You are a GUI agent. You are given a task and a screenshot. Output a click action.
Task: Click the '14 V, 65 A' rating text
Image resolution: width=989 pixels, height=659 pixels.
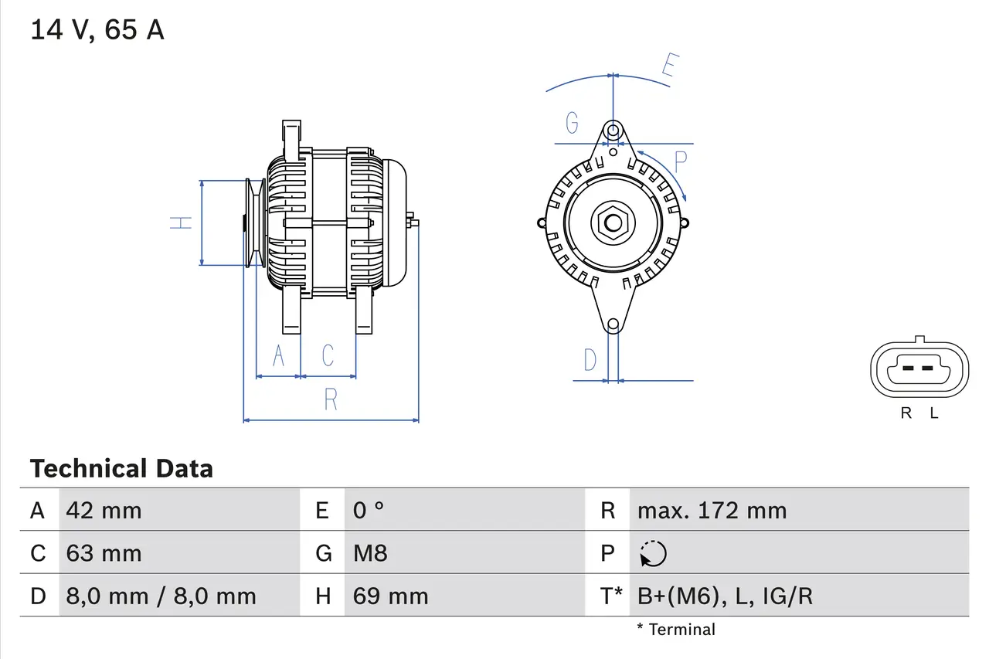[97, 31]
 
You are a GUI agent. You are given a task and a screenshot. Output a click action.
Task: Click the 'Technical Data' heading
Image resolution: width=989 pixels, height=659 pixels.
[121, 469]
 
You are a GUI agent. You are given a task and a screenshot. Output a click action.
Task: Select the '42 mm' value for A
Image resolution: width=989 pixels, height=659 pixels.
[104, 511]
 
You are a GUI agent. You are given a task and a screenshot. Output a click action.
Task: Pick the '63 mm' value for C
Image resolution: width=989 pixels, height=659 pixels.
[104, 553]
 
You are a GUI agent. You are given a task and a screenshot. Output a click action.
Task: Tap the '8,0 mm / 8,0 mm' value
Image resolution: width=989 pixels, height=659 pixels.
[161, 596]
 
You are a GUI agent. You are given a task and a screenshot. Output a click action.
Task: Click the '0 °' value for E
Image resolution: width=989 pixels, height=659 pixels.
[369, 511]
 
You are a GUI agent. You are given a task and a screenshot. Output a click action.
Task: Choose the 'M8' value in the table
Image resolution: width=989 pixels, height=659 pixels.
[370, 553]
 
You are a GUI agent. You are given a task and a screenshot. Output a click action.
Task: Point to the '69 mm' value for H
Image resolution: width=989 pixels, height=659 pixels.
[390, 596]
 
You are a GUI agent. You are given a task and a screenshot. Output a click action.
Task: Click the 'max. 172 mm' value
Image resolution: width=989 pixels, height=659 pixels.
[712, 511]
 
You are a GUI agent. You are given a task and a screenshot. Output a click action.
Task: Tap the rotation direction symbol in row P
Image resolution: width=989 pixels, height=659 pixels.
[653, 554]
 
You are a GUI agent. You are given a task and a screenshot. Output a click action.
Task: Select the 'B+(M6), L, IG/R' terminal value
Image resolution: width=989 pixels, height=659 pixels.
[725, 596]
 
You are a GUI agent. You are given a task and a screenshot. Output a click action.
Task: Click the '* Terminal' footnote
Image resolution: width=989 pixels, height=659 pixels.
[676, 630]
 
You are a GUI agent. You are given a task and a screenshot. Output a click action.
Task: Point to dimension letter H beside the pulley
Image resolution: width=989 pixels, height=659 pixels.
[182, 222]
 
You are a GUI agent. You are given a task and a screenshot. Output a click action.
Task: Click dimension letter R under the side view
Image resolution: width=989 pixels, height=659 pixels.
[331, 399]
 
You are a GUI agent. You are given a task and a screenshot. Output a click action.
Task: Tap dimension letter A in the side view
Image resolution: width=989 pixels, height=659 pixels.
[278, 355]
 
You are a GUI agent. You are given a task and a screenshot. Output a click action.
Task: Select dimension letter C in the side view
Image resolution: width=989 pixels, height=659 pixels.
[328, 355]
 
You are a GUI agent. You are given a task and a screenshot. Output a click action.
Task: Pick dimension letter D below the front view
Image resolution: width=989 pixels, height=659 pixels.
[590, 360]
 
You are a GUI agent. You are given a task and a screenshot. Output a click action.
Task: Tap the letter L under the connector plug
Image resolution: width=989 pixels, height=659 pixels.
[934, 413]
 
